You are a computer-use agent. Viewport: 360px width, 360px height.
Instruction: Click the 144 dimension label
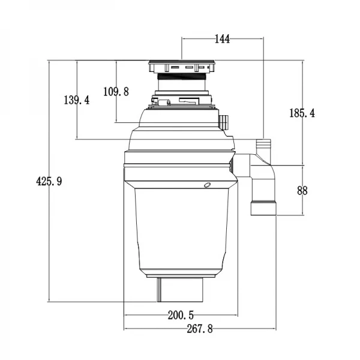tap(222, 39)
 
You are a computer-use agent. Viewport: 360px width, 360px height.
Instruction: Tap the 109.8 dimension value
tap(116, 92)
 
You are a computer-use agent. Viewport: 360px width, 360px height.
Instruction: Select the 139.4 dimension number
tap(76, 100)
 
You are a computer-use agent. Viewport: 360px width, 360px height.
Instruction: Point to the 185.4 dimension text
tap(302, 113)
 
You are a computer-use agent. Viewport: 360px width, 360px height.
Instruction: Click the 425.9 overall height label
tap(49, 181)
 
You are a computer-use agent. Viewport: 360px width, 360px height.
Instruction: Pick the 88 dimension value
tap(302, 191)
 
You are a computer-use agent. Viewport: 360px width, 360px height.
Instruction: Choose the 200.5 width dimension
tap(181, 315)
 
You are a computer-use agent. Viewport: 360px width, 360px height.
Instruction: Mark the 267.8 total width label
tap(200, 329)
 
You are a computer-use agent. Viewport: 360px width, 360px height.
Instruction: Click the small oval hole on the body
tap(208, 185)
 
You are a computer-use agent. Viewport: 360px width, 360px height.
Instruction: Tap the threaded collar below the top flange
tap(182, 76)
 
